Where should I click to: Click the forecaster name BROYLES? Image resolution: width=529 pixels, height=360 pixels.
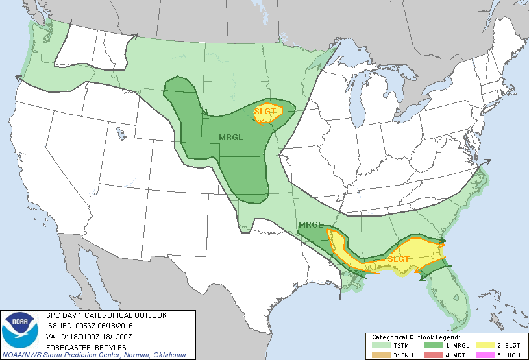108,346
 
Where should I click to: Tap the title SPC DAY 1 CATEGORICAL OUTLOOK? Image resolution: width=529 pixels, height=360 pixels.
106,315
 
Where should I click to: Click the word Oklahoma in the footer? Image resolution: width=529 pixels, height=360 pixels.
165,355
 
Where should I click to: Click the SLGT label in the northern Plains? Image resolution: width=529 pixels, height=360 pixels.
265,111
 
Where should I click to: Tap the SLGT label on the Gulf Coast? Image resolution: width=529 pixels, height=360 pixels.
399,259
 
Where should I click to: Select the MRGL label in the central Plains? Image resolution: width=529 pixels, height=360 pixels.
232,138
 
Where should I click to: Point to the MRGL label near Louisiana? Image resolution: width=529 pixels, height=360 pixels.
310,226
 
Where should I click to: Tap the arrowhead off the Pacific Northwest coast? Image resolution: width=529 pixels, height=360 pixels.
19,78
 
